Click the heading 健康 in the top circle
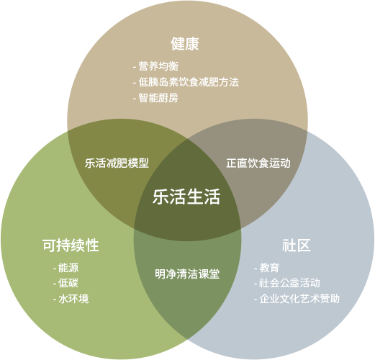tap(185, 44)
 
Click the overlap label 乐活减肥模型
tap(117, 163)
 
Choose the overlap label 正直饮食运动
tap(258, 163)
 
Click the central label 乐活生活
tap(186, 197)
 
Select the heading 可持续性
tap(71, 246)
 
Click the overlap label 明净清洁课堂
tap(187, 274)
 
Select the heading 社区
tap(297, 246)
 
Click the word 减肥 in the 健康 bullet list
tap(209, 82)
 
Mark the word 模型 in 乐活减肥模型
tap(138, 163)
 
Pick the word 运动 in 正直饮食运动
tap(280, 163)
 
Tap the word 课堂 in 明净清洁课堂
tap(209, 274)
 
